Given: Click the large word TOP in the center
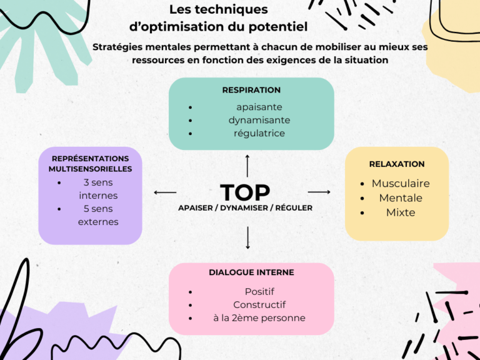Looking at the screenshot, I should [244, 192].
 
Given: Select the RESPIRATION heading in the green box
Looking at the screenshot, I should [251, 90].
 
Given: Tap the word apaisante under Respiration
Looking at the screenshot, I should [259, 107].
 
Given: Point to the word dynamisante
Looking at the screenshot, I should [259, 120].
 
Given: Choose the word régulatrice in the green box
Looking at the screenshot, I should [259, 133].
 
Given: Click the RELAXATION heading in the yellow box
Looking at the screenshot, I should [397, 164].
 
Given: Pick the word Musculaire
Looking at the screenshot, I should [401, 184].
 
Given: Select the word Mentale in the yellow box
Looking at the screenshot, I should [401, 198].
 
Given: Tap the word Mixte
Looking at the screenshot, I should [401, 212].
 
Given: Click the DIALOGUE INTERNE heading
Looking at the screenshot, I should [251, 272].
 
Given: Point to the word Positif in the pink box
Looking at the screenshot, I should [259, 291].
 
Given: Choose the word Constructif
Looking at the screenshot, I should [259, 305].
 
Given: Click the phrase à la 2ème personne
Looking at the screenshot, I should [259, 318].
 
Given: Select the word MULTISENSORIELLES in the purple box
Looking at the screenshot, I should [90, 169].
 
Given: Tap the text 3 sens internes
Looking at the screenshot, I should [98, 189].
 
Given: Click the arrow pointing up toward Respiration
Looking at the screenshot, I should [247, 166].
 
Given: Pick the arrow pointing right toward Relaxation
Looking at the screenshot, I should [319, 192].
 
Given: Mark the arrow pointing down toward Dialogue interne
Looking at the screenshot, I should [248, 237].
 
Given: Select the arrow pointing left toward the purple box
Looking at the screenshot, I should [165, 192].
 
